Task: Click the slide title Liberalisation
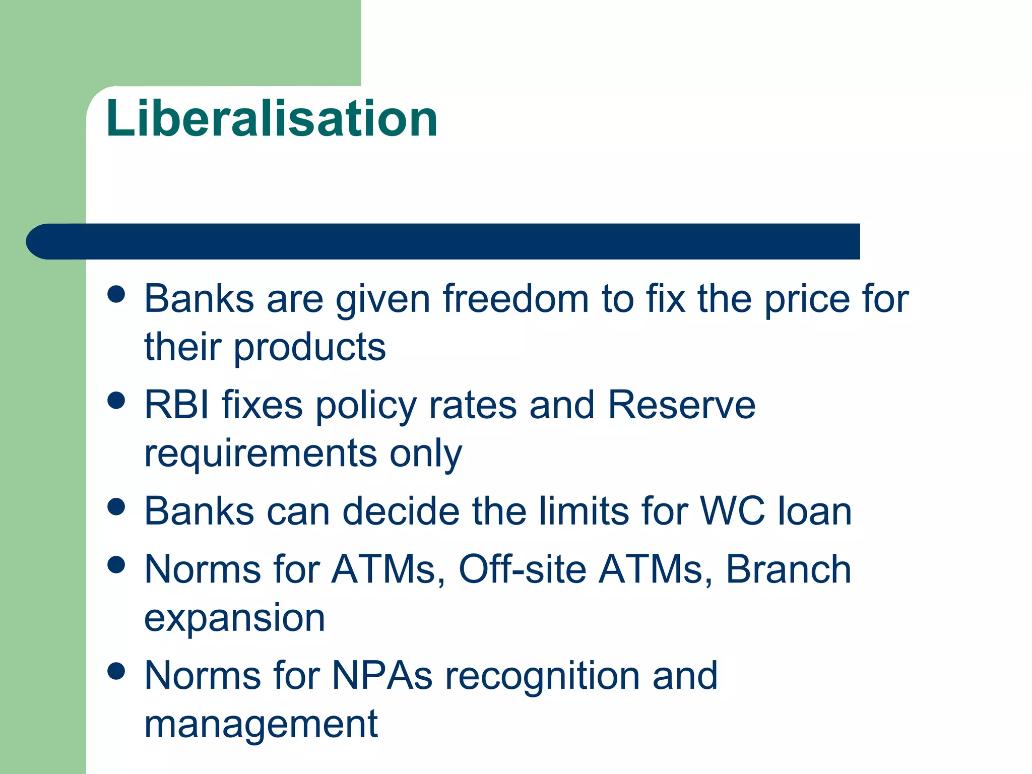(x=272, y=118)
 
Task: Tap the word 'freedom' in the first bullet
(x=515, y=299)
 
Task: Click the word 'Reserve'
(x=681, y=405)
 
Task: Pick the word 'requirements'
(x=261, y=453)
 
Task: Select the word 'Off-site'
(x=522, y=569)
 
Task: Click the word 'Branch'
(x=788, y=569)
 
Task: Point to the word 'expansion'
(x=234, y=618)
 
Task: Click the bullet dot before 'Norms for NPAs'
(x=116, y=671)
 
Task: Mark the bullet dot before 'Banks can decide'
(x=116, y=507)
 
